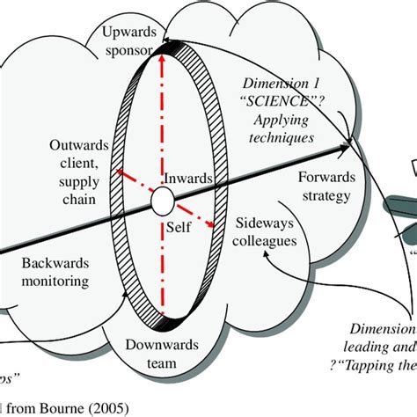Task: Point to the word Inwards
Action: tap(187, 179)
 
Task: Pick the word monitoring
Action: tap(44, 282)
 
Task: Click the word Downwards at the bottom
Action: tap(143, 345)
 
